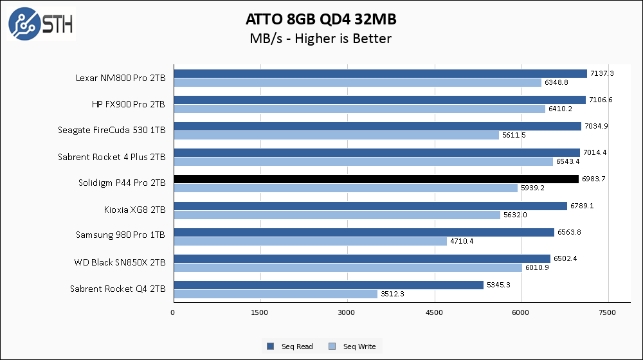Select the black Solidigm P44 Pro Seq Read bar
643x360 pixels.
pyautogui.click(x=376, y=179)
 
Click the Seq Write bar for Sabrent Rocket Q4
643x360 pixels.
pyautogui.click(x=275, y=294)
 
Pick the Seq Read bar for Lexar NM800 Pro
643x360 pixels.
pyautogui.click(x=380, y=73)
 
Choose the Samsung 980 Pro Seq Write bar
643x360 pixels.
pyautogui.click(x=310, y=241)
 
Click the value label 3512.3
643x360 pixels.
pyautogui.click(x=394, y=294)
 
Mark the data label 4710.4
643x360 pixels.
pyautogui.click(x=463, y=241)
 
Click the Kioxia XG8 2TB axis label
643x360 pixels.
pyautogui.click(x=134, y=210)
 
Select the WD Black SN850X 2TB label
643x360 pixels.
pyautogui.click(x=119, y=262)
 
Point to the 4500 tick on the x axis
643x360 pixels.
pyautogui.click(x=435, y=312)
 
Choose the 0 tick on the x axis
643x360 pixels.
pyautogui.click(x=173, y=312)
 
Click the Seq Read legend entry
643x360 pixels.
pyautogui.click(x=290, y=346)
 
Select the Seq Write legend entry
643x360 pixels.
pyautogui.click(x=353, y=346)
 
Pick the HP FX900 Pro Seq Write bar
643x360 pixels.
pyautogui.click(x=359, y=109)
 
